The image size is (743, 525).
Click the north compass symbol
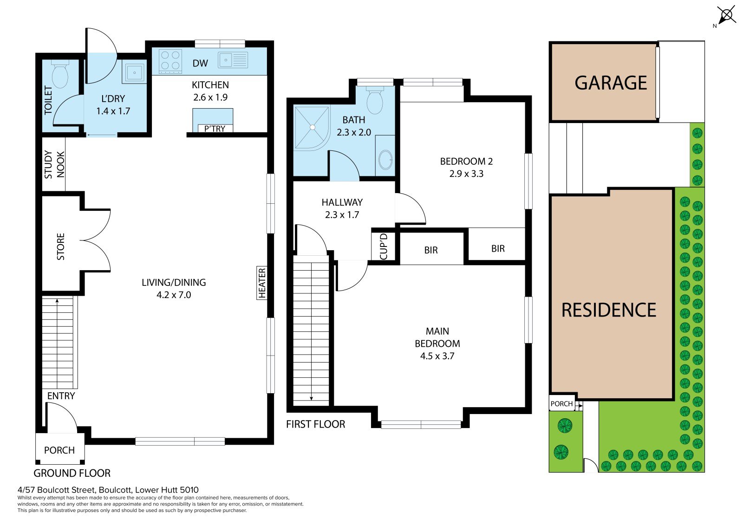[726, 15]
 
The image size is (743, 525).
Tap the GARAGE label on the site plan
[611, 83]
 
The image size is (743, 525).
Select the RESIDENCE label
[609, 310]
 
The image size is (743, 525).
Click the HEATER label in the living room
[262, 283]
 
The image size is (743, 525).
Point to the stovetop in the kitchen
[170, 61]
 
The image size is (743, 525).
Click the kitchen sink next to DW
[233, 60]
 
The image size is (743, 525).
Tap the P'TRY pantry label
[215, 128]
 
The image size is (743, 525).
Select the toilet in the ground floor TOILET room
[60, 74]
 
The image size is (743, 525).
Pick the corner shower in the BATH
[312, 128]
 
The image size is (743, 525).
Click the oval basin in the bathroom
[385, 160]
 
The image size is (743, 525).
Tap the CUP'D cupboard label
[383, 246]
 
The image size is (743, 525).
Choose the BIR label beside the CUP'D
[431, 250]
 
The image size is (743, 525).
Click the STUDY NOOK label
[54, 164]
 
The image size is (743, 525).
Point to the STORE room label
[61, 246]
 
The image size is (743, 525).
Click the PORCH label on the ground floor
[59, 450]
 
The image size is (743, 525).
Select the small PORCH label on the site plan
[561, 404]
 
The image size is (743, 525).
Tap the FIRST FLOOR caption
[315, 424]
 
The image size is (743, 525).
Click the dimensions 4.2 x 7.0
[174, 295]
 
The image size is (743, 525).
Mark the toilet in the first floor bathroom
[375, 100]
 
